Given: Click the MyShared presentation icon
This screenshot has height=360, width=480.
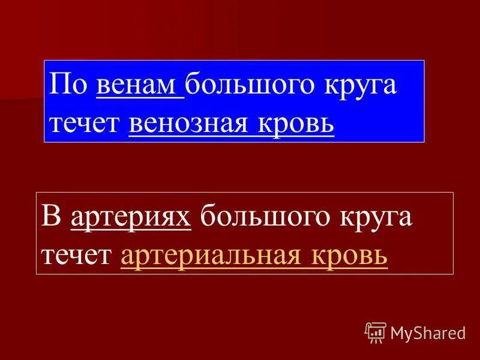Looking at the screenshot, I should pyautogui.click(x=376, y=332).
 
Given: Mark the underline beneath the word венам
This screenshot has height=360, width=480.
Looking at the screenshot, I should pyautogui.click(x=139, y=97).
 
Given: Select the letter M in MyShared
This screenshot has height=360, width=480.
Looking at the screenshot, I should pyautogui.click(x=397, y=332).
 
